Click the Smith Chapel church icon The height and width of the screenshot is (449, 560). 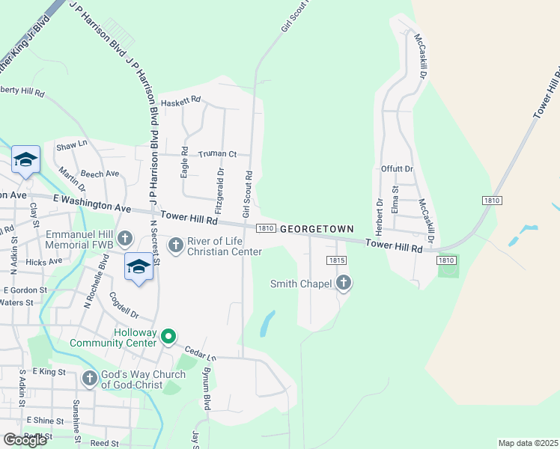[344, 283]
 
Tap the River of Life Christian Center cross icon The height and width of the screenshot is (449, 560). [176, 245]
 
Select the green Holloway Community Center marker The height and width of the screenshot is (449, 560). [169, 337]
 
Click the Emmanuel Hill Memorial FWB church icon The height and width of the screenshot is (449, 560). [125, 239]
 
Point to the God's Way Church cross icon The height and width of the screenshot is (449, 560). [90, 379]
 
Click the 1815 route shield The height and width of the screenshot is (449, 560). [336, 260]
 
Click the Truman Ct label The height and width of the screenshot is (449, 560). [217, 154]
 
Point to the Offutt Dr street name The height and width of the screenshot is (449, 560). [397, 169]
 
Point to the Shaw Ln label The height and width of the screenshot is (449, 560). [72, 147]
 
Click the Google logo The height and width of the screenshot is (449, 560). [25, 439]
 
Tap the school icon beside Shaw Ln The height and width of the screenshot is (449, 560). [25, 161]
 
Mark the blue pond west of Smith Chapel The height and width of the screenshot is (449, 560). [267, 323]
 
